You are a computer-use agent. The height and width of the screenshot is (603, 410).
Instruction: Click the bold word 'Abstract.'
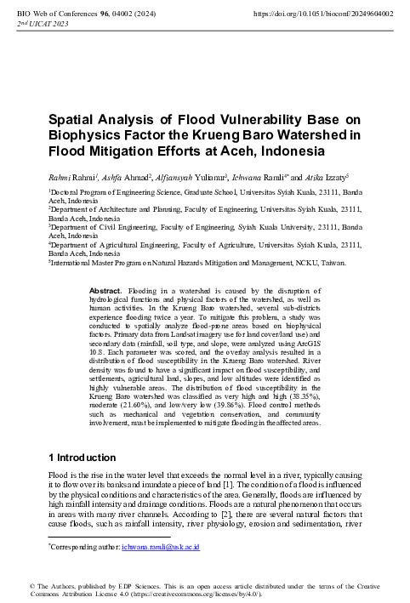pos(105,290)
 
